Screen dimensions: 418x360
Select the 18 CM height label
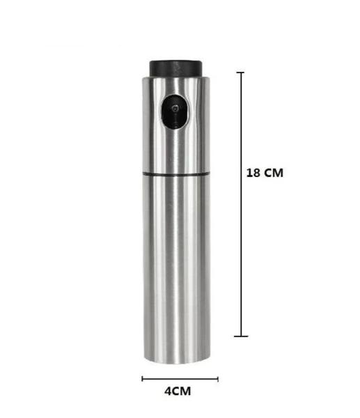(x=265, y=173)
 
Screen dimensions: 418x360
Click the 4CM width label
(x=178, y=391)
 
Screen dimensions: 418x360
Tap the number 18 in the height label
(x=254, y=173)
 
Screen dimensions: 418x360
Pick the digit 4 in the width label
(x=168, y=391)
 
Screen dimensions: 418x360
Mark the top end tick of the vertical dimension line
(x=242, y=72)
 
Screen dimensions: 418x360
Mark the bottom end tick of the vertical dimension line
(x=242, y=336)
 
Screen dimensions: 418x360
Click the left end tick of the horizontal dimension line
(x=142, y=379)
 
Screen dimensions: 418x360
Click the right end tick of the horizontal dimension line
(x=218, y=379)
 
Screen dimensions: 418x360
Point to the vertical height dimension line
(x=242, y=209)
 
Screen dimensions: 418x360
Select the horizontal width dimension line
(x=180, y=379)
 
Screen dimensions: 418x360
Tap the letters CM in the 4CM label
(x=182, y=391)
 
